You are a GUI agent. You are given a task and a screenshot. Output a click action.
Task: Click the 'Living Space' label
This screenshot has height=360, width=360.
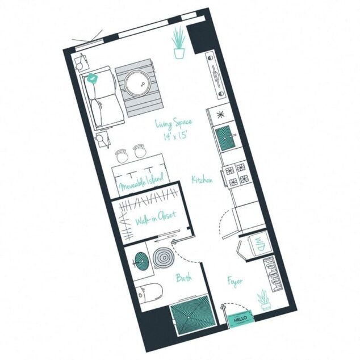(173, 123)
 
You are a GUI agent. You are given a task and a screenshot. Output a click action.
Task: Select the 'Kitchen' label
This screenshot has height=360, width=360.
(202, 180)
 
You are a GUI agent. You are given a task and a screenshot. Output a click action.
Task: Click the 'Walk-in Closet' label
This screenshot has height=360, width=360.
(154, 217)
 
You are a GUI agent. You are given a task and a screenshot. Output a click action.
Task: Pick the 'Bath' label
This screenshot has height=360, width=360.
(183, 278)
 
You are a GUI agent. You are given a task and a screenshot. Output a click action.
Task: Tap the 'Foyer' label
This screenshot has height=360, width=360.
(236, 280)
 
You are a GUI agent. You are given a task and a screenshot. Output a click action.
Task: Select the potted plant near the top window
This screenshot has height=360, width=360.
(179, 43)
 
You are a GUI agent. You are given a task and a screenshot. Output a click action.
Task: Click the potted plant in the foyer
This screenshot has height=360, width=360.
(263, 299)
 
